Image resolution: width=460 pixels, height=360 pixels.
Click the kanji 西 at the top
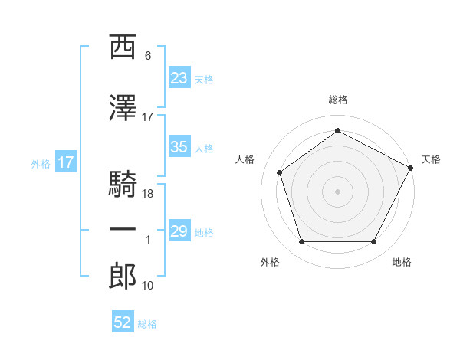tap(123, 47)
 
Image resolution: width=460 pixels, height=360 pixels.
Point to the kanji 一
tap(123, 230)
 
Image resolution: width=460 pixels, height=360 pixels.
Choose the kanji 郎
tap(123, 276)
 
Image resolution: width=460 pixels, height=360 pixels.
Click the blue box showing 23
tap(179, 77)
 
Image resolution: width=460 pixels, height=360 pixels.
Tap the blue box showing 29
tap(179, 231)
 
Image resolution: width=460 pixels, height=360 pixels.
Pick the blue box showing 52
tap(123, 323)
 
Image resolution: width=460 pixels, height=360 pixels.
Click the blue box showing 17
tap(65, 162)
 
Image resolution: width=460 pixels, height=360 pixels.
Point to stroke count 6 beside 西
tap(148, 56)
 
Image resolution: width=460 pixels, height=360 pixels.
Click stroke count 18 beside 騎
tap(148, 194)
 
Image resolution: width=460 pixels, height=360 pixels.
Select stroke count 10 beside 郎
tap(148, 286)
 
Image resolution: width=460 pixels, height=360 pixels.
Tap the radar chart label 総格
tap(337, 100)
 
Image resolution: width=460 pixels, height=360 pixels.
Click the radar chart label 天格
tap(431, 159)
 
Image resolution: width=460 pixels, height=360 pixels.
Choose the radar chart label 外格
tap(270, 262)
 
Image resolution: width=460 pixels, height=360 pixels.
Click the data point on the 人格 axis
tap(280, 172)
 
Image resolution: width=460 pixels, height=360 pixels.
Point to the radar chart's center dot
tap(337, 191)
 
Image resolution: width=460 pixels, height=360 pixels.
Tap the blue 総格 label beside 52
tap(147, 324)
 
